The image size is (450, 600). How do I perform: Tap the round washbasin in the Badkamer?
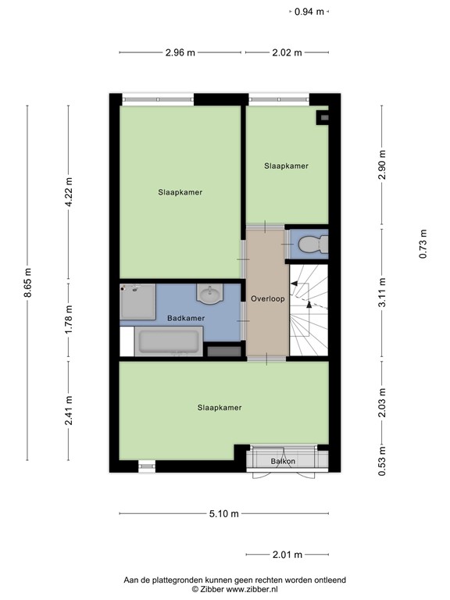click(209, 295)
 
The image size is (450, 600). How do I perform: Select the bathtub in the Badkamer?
click(169, 341)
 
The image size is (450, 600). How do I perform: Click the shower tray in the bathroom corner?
click(137, 301)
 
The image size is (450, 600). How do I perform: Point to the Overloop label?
click(268, 299)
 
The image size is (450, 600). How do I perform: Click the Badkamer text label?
click(186, 318)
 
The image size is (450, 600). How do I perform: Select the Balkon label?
click(283, 462)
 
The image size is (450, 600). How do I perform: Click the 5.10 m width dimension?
click(223, 513)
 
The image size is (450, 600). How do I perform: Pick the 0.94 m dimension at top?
click(309, 12)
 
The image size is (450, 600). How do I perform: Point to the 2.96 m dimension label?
click(180, 52)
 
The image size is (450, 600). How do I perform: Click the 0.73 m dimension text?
click(423, 244)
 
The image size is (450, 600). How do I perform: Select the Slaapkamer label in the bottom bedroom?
click(220, 407)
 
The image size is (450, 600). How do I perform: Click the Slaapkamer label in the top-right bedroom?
click(286, 166)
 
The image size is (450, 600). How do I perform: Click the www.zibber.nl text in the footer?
click(252, 590)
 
